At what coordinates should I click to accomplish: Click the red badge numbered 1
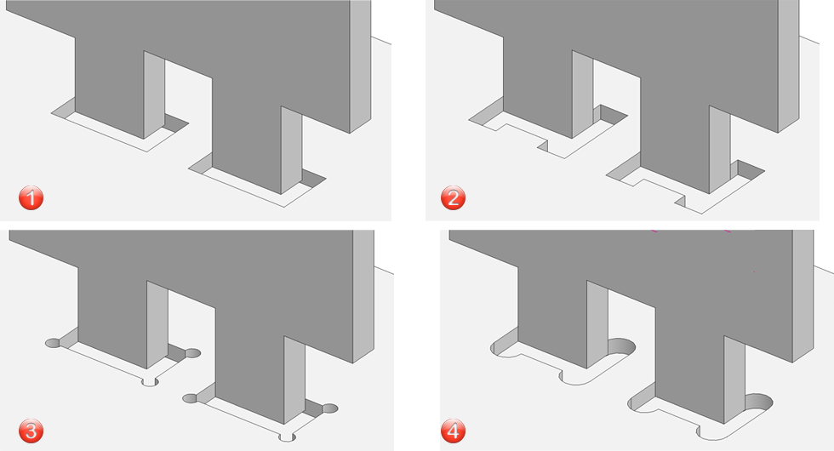coord(31,197)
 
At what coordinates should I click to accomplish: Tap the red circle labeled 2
coord(453,197)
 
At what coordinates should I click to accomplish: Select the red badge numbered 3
coord(31,431)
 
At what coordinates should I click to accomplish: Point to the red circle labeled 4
coord(453,431)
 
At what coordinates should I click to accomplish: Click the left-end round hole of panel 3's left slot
coord(53,343)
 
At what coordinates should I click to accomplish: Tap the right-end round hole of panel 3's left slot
coord(192,353)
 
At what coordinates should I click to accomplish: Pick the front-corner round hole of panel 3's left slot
coord(150,381)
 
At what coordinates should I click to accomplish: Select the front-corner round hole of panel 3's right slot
coord(288,437)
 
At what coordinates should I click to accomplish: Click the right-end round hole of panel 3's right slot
coord(330,408)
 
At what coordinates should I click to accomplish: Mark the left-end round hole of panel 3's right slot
coord(190,398)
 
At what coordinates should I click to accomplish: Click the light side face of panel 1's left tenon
coord(154,94)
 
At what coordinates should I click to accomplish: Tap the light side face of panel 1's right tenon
coord(291,150)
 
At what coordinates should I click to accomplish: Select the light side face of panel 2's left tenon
coord(582,94)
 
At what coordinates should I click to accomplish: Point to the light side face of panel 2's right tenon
coord(720,150)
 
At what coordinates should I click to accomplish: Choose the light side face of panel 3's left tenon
coord(157,324)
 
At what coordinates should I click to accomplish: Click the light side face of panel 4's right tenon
coord(734,380)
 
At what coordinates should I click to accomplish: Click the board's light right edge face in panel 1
coord(360,66)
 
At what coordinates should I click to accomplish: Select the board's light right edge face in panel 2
coord(788,66)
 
